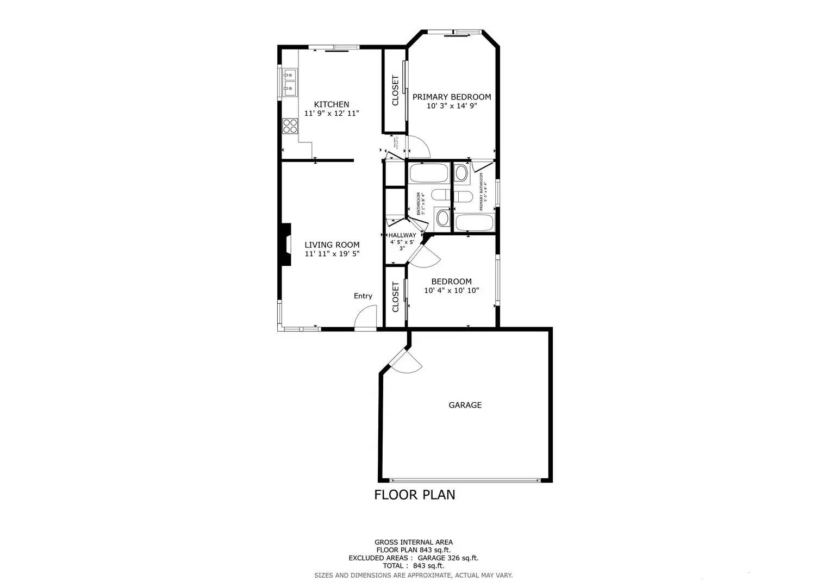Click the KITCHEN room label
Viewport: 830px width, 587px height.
click(332, 104)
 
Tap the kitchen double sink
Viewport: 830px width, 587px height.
click(290, 82)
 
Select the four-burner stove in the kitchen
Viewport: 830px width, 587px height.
click(290, 126)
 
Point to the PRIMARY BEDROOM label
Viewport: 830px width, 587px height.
click(452, 97)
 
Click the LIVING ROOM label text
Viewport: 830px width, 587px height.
click(332, 245)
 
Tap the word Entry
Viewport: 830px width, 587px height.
click(363, 296)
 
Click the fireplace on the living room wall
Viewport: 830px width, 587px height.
click(285, 245)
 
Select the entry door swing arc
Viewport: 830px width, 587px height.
click(365, 317)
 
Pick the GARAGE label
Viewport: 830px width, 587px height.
click(465, 405)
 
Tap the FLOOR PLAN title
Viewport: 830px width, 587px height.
click(415, 495)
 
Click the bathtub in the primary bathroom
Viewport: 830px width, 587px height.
click(474, 222)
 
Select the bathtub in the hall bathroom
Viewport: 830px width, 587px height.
click(428, 173)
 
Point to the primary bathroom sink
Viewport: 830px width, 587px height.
click(461, 173)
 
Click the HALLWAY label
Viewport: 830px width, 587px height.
click(402, 235)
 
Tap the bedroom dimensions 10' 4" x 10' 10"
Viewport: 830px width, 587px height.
click(452, 290)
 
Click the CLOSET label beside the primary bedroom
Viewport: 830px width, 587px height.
click(395, 90)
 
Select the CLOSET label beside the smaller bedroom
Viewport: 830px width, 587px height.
click(395, 297)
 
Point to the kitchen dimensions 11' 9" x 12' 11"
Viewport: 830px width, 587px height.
click(332, 114)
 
